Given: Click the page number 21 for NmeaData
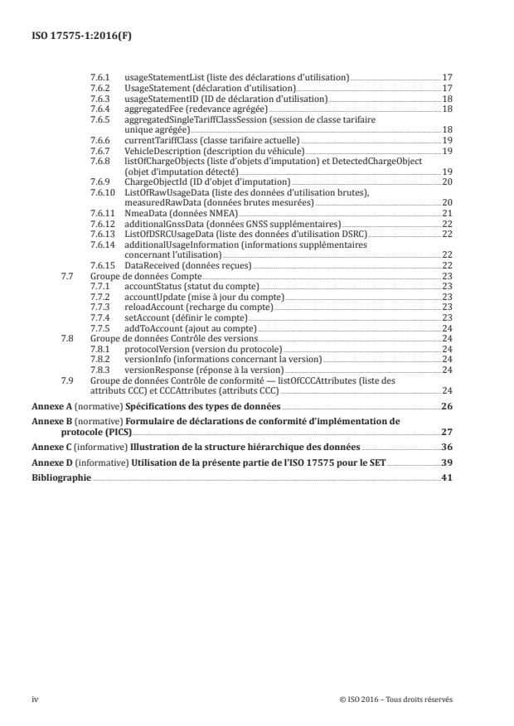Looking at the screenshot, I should point(446,213).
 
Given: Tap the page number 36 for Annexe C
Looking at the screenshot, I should point(446,447).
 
